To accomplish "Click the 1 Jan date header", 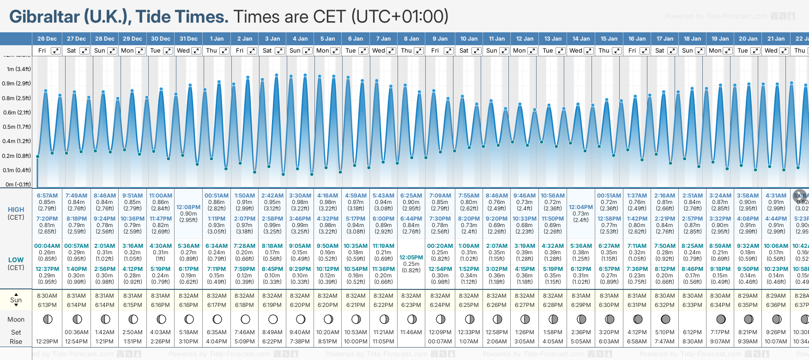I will (x=217, y=39).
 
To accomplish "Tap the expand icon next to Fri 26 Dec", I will (x=55, y=51).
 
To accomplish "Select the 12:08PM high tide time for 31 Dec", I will (x=188, y=207).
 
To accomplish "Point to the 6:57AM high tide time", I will (x=47, y=196).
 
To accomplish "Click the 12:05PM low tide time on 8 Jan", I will (x=411, y=258).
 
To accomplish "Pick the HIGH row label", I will (x=16, y=210).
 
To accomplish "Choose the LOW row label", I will (x=16, y=260).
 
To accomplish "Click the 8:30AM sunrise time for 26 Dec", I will (x=47, y=296).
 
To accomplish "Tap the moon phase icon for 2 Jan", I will (x=245, y=319).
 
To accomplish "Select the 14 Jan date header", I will (x=581, y=39).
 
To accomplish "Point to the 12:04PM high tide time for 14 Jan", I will (x=580, y=207).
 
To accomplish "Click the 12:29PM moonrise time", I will (x=47, y=342).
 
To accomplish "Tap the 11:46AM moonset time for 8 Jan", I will (x=411, y=332).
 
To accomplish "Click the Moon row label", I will (x=16, y=319).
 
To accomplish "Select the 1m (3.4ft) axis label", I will (x=18, y=69).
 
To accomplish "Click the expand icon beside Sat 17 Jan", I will (x=672, y=51).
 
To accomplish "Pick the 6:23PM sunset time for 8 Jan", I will (x=411, y=305).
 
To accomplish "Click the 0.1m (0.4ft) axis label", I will (x=17, y=170).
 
